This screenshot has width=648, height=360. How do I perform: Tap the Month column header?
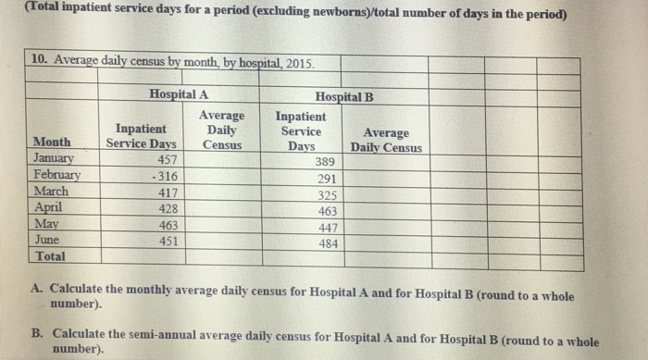[x=51, y=143]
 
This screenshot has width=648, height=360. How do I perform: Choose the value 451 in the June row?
[x=168, y=241]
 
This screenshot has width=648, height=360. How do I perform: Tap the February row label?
[x=56, y=174]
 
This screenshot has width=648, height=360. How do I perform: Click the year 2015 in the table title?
[x=298, y=64]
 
